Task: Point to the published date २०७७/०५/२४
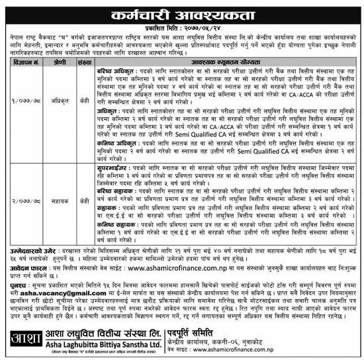pyautogui.click(x=198, y=29)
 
